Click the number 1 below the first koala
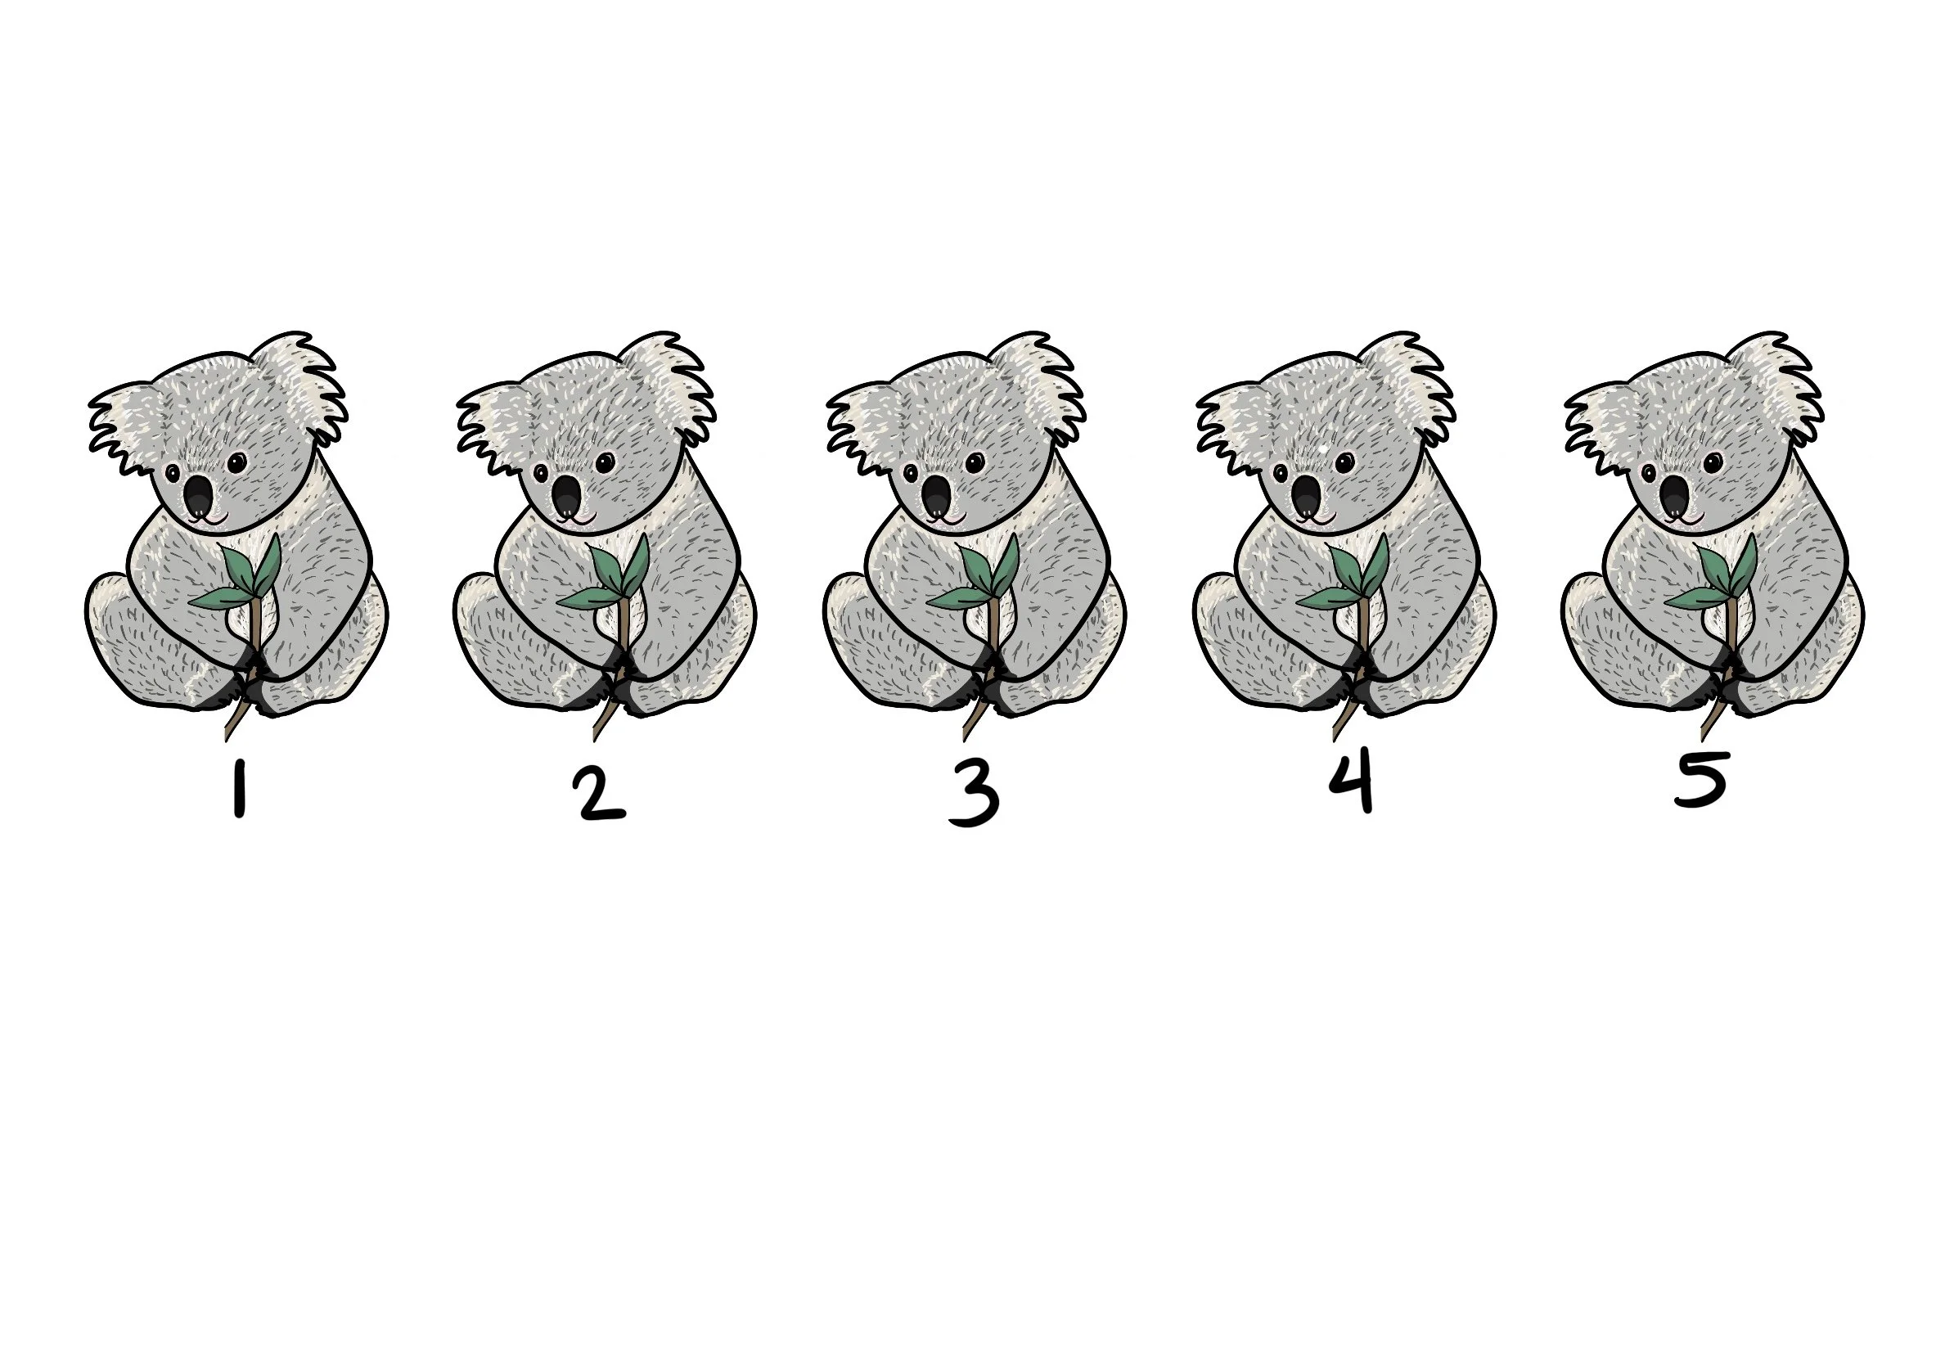point(240,789)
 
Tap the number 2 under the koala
point(601,795)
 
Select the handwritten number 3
point(973,797)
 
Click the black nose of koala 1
point(199,498)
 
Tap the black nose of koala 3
point(936,498)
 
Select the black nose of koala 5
point(1675,498)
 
